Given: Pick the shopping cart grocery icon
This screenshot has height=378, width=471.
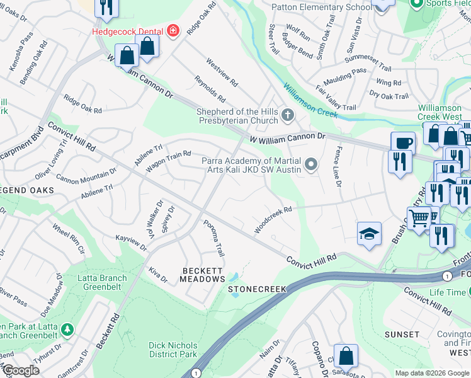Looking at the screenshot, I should pos(419,219).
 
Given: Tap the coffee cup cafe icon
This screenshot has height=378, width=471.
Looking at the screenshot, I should pos(402,143).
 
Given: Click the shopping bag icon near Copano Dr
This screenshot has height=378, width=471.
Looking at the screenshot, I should pos(346,356).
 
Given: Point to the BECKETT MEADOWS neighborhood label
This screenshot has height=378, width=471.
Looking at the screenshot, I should pos(203,274).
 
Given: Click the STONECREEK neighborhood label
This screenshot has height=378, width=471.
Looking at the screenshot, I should pos(257,289).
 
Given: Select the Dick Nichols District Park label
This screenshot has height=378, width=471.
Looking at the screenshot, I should pos(173,350).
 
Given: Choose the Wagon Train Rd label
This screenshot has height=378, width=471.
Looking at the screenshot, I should pos(168,162).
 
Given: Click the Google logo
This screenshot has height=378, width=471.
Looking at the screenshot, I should pos(21,370).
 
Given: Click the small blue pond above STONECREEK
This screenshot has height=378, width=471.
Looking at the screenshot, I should pos(234,277).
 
